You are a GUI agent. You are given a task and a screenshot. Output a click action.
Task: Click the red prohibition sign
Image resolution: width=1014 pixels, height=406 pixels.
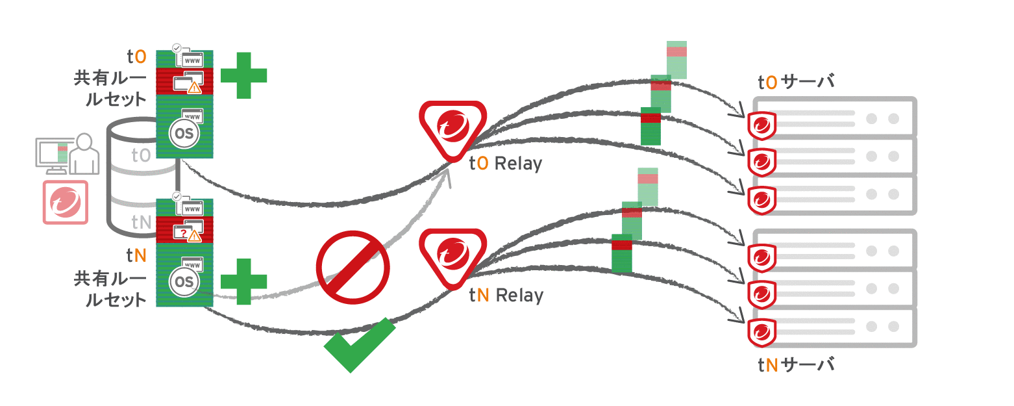click(x=352, y=268)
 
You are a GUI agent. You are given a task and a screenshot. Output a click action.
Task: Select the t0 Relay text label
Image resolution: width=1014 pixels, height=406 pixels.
click(x=505, y=164)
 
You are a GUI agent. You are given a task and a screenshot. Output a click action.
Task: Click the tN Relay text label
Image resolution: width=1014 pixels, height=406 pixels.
click(x=506, y=296)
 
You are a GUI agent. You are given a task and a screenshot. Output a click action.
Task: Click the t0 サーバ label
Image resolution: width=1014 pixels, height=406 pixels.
click(x=795, y=82)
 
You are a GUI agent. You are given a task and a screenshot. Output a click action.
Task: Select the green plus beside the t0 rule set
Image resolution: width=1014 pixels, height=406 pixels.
click(x=243, y=75)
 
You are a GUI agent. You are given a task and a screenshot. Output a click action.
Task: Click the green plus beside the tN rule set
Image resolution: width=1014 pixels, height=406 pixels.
click(x=243, y=281)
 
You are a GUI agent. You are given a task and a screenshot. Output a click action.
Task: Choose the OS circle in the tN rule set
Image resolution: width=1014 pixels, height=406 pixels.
click(x=184, y=281)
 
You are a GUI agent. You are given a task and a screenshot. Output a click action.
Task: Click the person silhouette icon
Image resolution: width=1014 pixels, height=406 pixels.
click(x=85, y=155)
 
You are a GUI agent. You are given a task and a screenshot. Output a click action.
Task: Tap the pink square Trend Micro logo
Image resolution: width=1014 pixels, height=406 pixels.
click(x=65, y=202)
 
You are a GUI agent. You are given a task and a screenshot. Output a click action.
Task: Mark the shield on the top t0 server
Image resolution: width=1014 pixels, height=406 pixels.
click(x=760, y=125)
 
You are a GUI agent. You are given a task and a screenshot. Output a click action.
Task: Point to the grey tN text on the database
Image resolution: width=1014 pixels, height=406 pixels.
click(x=142, y=223)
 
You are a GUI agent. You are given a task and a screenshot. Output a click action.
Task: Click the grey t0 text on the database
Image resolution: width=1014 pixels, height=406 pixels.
click(x=141, y=155)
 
